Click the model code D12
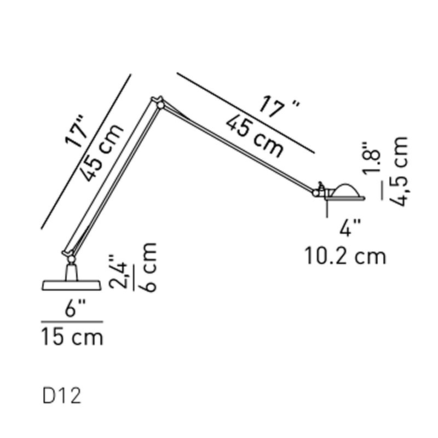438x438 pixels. (62, 395)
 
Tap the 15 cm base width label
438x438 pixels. (72, 337)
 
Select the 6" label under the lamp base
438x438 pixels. (75, 308)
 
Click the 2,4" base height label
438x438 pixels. (119, 272)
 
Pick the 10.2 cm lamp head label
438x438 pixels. (345, 256)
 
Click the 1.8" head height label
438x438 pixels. (371, 158)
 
